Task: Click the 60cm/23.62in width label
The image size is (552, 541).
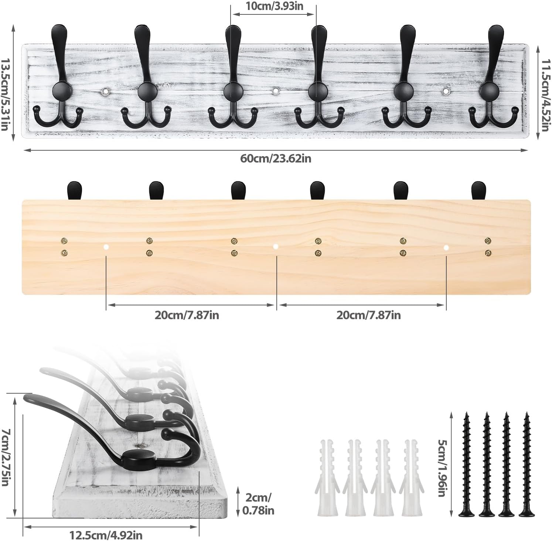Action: pos(276,159)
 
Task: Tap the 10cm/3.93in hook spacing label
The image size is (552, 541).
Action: pos(274,6)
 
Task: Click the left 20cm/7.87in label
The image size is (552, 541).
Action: pos(187,315)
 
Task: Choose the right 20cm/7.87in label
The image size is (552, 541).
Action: pos(368,315)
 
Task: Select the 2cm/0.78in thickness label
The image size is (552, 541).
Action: pos(258,504)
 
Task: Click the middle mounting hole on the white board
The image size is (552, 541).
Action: pos(276,90)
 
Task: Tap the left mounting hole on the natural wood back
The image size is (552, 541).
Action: pos(106,247)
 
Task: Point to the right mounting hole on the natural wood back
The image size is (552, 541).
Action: pos(446,247)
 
